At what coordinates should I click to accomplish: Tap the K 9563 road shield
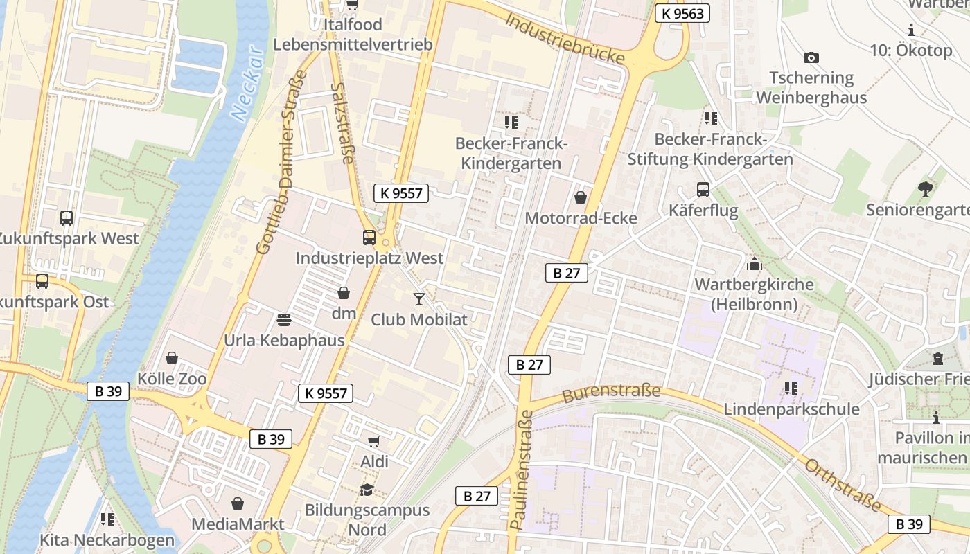click(682, 13)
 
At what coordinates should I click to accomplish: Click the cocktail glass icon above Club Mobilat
click(419, 299)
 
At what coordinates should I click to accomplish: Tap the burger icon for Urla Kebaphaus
click(284, 320)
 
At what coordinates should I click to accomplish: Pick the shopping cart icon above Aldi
click(374, 441)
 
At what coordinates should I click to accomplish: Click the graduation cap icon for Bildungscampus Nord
click(367, 490)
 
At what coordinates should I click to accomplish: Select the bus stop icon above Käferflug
click(703, 190)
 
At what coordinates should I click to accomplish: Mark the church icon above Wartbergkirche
click(755, 264)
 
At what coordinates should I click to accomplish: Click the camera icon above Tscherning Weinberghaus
click(811, 57)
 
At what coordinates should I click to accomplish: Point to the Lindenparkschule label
click(791, 409)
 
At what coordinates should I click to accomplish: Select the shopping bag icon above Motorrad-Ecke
click(581, 198)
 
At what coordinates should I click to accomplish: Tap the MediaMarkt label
click(238, 524)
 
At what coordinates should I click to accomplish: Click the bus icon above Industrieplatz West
click(369, 238)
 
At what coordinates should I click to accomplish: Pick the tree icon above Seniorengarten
click(925, 188)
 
